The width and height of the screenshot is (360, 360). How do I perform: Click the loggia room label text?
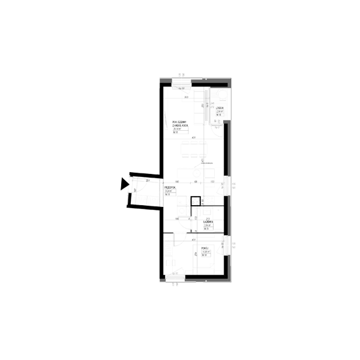coord(220,110)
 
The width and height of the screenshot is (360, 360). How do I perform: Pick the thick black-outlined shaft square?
coord(194,201)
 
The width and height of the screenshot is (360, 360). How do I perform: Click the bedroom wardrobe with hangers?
coord(167,247)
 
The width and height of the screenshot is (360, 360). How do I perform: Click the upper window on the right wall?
coord(227,185)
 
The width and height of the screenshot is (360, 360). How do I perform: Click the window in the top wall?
coord(180,80)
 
